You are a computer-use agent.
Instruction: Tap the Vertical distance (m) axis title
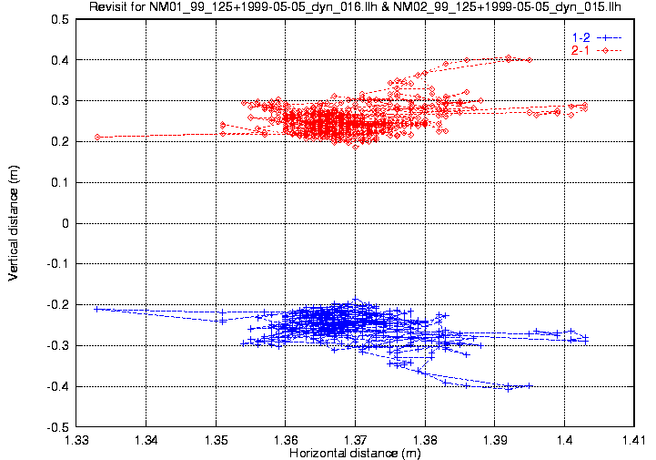14,223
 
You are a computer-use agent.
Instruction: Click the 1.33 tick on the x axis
77,440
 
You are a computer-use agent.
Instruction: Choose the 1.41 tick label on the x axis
633,440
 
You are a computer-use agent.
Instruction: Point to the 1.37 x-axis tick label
355,440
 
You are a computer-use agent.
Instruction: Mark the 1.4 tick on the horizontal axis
564,440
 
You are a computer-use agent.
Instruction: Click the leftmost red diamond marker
96,137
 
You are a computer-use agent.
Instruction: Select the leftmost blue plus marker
96,309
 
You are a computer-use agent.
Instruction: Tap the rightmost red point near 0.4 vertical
530,60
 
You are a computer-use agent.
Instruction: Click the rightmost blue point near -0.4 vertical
530,385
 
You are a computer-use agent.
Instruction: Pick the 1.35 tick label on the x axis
217,440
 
